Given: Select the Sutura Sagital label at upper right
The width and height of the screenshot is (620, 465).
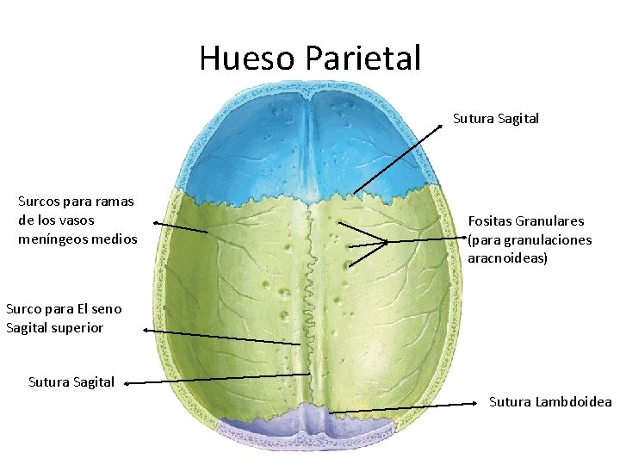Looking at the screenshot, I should coord(496,119).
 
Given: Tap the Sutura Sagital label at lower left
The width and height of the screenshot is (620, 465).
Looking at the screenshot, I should coord(71,381).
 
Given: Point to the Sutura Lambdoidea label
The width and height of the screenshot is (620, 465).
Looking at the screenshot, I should coord(550,401).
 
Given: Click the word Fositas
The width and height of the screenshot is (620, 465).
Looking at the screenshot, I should coord(491,221).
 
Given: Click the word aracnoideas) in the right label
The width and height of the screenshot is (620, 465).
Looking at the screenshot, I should coord(508,257).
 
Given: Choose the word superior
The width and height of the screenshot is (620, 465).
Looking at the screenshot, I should coord(77,327).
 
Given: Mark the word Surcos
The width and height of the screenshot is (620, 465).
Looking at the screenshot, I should coord(42,201).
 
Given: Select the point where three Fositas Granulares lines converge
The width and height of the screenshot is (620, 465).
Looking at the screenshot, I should coord(387,242).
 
